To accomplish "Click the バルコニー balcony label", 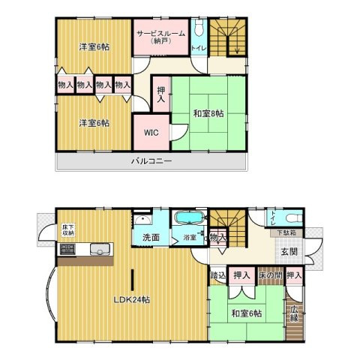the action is click(151, 160).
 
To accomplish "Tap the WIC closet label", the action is click(151, 133).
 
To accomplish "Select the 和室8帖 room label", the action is click(208, 114).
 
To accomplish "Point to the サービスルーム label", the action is click(161, 33).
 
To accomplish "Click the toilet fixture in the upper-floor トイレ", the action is click(199, 28).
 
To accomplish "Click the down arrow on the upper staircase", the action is click(237, 49).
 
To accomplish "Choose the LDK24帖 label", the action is click(132, 299).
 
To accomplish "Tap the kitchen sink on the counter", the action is click(100, 249).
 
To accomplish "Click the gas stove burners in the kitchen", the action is click(67, 249).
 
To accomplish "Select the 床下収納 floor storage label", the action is click(68, 230).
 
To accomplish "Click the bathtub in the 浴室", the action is click(189, 217).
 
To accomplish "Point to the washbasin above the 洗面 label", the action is click(142, 220).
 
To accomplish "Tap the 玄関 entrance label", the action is click(289, 251).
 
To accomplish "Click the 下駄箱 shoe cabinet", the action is click(286, 233).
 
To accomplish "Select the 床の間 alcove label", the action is click(271, 275).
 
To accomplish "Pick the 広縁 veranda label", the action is click(294, 313).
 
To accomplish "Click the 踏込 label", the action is click(218, 275).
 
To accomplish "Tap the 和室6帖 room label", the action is click(247, 313).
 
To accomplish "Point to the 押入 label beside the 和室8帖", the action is click(161, 94).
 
